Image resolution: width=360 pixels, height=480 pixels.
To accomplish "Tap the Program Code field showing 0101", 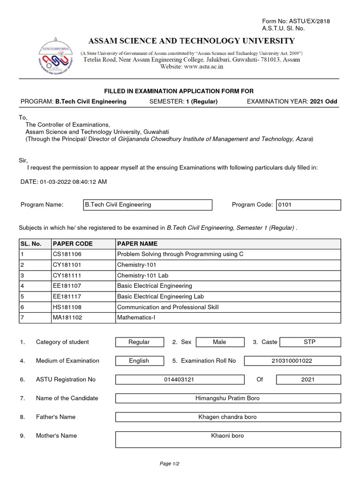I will (x=308, y=205).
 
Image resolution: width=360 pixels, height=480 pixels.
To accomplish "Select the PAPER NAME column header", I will (x=137, y=244).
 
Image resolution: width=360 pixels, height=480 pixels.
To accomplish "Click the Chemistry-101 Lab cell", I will (x=139, y=275).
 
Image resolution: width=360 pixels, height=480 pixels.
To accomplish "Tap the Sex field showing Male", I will (x=219, y=342).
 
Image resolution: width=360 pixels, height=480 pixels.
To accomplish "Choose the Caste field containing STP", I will (x=309, y=342).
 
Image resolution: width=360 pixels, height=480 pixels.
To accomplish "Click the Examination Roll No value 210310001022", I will (x=292, y=361).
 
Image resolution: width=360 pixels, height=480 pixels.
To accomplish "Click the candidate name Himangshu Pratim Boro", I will (x=227, y=398).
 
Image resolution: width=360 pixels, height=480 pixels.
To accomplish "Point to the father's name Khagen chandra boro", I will (x=227, y=417).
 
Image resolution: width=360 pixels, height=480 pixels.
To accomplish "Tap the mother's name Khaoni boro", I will (x=227, y=436).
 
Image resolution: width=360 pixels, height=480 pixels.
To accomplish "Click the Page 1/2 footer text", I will (x=170, y=464).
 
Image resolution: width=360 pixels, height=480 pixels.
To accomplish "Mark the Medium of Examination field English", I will (x=139, y=361).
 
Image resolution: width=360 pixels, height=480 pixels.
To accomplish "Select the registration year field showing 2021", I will (x=308, y=380).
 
